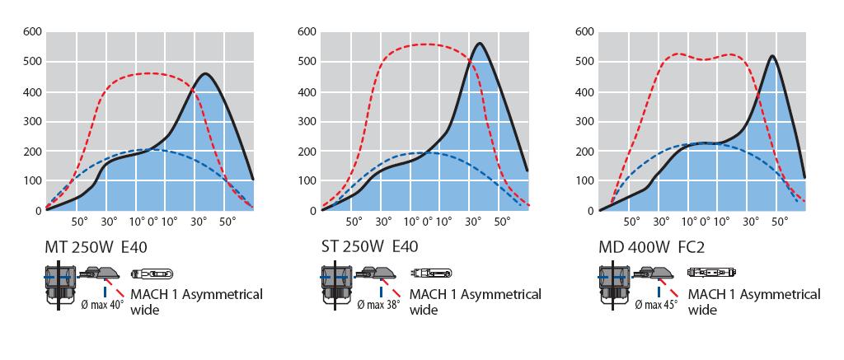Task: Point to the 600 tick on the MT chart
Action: pyautogui.click(x=31, y=32)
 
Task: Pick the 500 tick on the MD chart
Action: pyautogui.click(x=584, y=62)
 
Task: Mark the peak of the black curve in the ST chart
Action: pyautogui.click(x=479, y=44)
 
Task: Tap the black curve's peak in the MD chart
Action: pyautogui.click(x=771, y=56)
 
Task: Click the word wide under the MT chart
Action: pyautogui.click(x=144, y=310)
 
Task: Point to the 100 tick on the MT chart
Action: pyautogui.click(x=31, y=180)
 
